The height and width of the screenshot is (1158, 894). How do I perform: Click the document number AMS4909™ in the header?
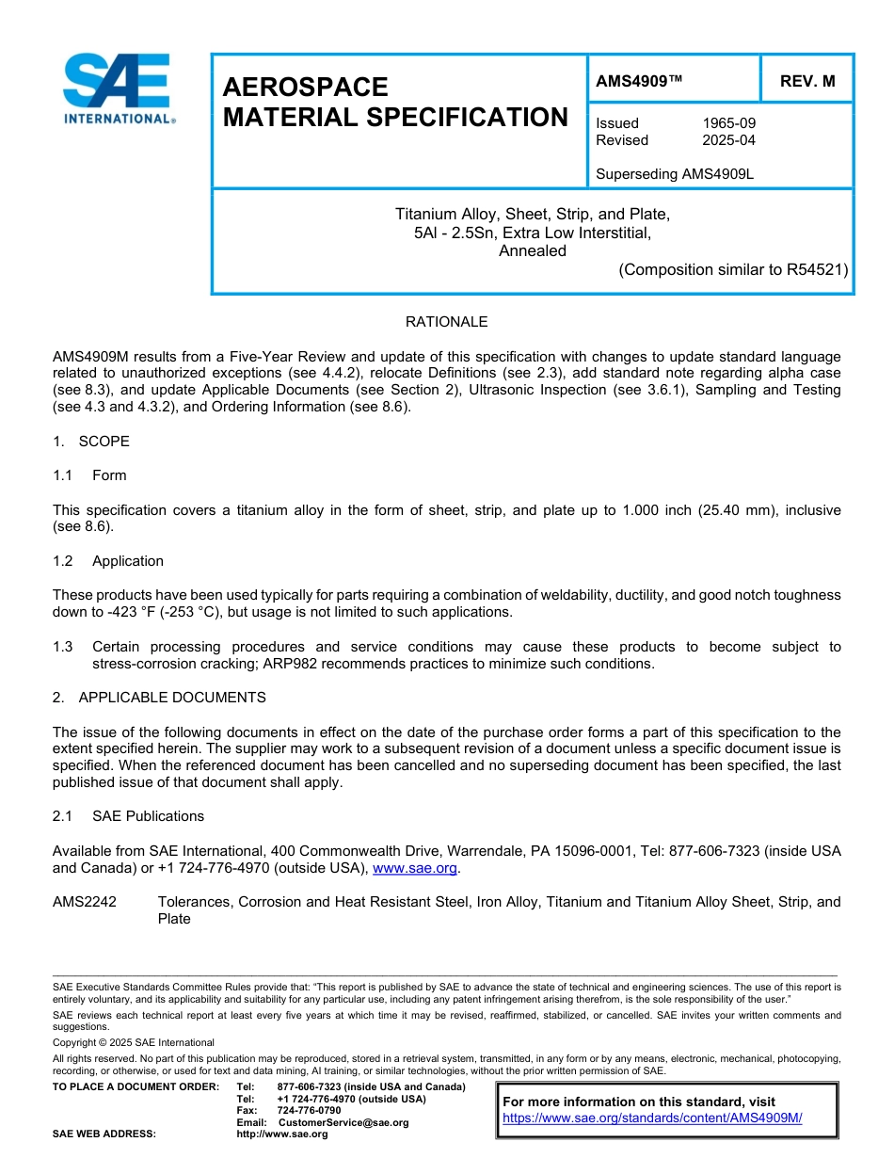click(639, 82)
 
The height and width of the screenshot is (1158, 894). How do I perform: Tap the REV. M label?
click(806, 82)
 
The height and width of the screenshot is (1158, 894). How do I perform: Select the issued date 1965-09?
click(728, 123)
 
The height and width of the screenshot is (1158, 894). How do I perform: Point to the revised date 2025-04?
click(728, 140)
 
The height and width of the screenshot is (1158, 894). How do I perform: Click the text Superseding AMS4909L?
click(675, 174)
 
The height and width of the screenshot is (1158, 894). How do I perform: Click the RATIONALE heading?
click(446, 322)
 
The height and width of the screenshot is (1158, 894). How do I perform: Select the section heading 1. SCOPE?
click(91, 442)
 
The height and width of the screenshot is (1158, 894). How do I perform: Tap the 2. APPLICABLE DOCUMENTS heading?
click(159, 698)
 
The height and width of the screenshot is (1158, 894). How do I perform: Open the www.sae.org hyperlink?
click(414, 868)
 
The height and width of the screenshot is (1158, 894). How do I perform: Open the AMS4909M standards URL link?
click(652, 1118)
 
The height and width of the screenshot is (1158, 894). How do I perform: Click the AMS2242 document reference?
click(85, 902)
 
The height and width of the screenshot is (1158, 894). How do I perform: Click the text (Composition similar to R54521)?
click(732, 269)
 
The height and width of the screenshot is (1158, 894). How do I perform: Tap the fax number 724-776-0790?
click(309, 1111)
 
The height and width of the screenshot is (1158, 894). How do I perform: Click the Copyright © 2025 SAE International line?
click(134, 1042)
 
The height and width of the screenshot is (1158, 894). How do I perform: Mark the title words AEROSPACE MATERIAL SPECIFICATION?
click(394, 103)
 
